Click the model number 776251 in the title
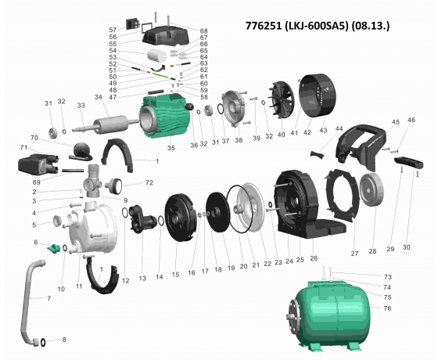click(x=264, y=25)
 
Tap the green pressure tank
click(x=328, y=315)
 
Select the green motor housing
click(x=166, y=116)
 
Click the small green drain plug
click(x=54, y=248)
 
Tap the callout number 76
click(x=387, y=308)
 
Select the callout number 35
click(x=171, y=148)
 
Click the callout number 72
click(x=149, y=182)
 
